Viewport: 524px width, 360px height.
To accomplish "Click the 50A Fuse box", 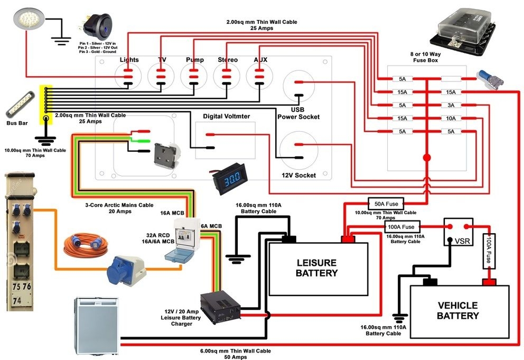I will tap(386, 204).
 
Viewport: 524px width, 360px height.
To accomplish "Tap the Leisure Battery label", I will tap(316, 267).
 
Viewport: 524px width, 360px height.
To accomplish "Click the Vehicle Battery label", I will tap(457, 310).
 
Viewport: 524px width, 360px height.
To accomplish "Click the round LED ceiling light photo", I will tap(25, 20).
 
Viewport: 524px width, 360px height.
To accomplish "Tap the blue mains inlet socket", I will tap(125, 270).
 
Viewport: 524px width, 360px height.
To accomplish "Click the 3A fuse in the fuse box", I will tap(450, 105).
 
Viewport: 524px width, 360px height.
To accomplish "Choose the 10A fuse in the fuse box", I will tap(450, 118).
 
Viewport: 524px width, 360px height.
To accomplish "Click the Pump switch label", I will tap(194, 60).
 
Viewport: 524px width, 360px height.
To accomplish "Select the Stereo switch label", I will tap(228, 60).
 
